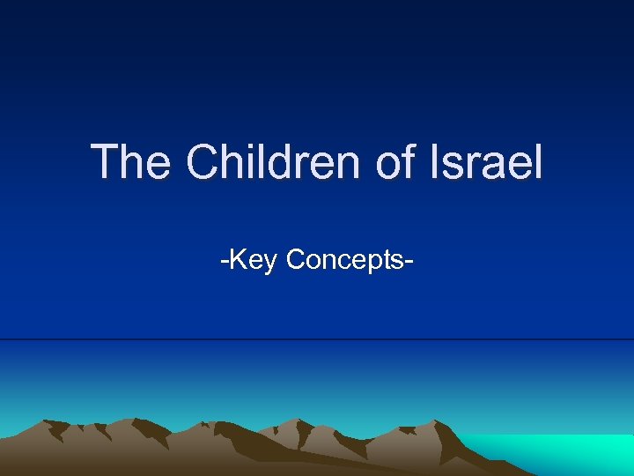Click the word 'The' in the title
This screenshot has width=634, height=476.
tap(132, 162)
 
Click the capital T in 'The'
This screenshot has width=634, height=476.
tap(106, 162)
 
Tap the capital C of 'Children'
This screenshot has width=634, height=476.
tap(204, 162)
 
